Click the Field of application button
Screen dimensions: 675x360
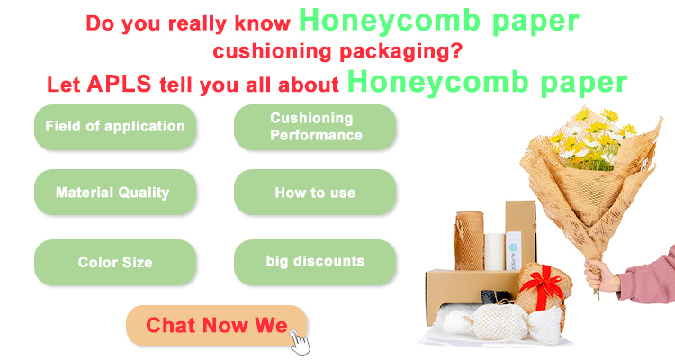115,127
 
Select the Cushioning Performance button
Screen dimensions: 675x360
315,127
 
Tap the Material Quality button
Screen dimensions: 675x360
115,192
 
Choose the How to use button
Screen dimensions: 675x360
315,192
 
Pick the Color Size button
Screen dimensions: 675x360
115,262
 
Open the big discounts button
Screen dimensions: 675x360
315,262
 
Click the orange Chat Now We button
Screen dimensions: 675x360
217,325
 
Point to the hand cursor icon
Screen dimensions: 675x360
300,342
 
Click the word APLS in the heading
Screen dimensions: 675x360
119,84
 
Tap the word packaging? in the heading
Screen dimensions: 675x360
400,52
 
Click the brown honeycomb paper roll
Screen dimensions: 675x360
469,240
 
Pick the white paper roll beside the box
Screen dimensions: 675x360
495,251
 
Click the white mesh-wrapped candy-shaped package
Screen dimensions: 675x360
501,321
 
